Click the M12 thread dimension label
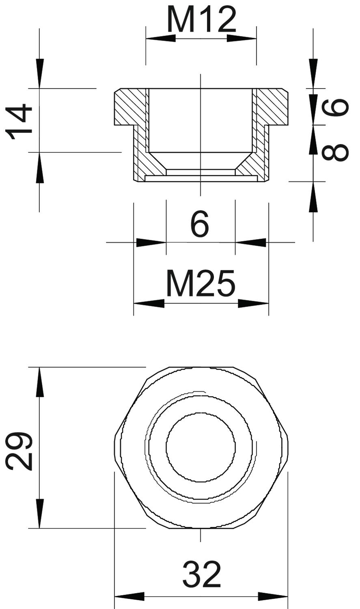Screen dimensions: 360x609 click(202, 19)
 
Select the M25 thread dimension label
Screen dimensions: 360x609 click(200, 283)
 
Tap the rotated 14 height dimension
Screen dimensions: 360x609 click(19, 121)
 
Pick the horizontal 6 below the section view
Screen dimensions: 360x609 click(200, 225)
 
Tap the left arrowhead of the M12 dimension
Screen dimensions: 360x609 click(161, 38)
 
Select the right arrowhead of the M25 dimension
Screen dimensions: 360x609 click(253, 304)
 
